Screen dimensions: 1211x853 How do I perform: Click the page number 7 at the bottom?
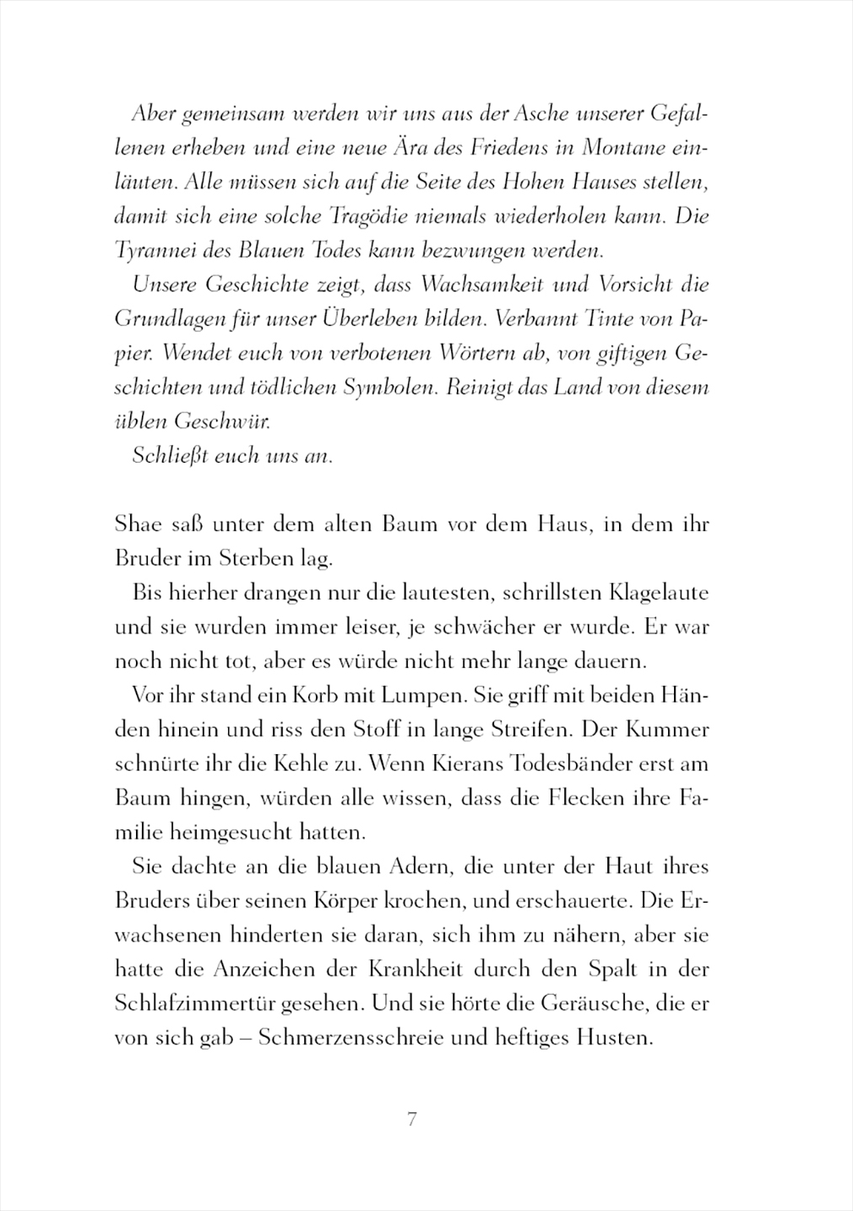click(412, 1121)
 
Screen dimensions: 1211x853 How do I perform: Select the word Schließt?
click(169, 456)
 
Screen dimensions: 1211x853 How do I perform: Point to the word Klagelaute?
click(659, 593)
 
